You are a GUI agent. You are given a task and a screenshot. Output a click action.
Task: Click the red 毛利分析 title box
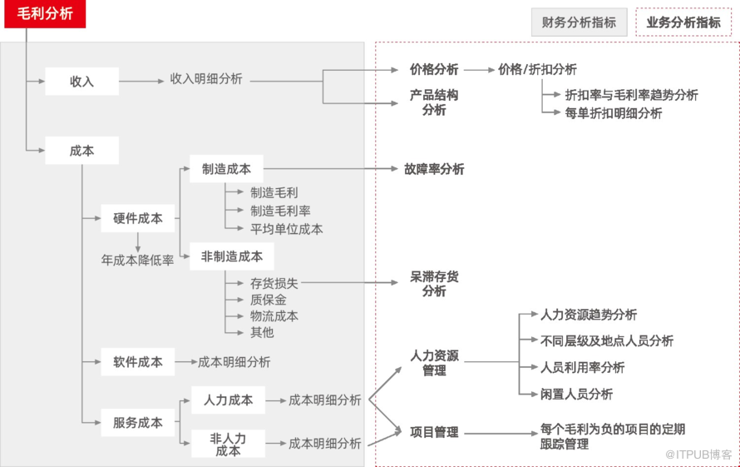click(45, 14)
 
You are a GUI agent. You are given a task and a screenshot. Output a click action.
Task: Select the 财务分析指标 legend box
click(579, 22)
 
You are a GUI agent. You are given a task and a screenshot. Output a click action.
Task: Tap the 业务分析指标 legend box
click(683, 22)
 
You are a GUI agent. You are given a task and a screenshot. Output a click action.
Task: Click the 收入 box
click(81, 82)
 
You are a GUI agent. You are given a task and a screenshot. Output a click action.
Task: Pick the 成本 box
click(81, 151)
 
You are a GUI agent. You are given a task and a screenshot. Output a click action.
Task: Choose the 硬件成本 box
click(138, 219)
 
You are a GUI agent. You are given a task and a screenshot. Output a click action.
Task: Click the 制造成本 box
click(226, 169)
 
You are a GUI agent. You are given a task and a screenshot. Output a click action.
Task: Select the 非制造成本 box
click(232, 256)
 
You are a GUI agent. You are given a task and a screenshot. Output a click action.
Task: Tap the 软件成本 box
click(138, 362)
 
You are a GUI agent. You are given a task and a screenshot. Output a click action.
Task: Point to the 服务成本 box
click(138, 422)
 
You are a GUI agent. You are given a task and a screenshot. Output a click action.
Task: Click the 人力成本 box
click(229, 400)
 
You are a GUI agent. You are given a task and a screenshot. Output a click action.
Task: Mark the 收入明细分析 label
click(206, 78)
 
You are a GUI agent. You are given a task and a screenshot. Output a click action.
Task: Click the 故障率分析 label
click(434, 169)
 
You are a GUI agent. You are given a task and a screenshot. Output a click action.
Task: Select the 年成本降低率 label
click(137, 260)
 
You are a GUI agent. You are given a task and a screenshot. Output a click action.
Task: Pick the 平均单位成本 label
click(286, 229)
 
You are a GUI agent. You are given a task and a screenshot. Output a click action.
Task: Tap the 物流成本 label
click(274, 315)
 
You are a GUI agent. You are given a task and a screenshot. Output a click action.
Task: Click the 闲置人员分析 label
click(576, 394)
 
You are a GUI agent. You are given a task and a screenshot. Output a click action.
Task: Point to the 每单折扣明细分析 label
click(613, 113)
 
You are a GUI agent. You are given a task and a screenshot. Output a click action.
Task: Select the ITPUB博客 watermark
click(699, 454)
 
